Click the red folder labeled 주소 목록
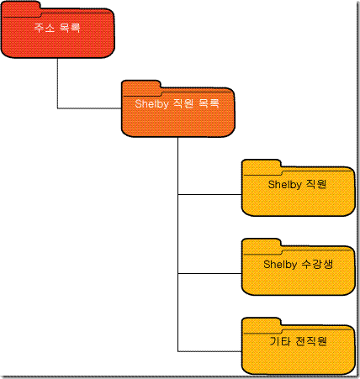coord(58,34)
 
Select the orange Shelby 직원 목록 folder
coord(178,112)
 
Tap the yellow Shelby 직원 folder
coord(299,192)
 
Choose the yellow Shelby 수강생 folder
coord(299,271)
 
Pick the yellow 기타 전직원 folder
coord(299,350)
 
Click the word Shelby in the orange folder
coord(151,104)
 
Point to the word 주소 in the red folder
coord(45,28)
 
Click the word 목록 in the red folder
coord(70,28)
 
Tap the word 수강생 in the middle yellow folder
coord(317,264)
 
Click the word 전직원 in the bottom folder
coord(311,341)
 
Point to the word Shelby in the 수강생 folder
coord(280,265)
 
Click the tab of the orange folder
coord(141,87)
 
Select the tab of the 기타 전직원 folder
coord(262,324)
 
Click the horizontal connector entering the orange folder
coord(89,108)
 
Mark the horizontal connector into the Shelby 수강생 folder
coord(209,273)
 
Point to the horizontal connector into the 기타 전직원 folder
coord(209,351)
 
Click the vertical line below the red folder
coord(57,83)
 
